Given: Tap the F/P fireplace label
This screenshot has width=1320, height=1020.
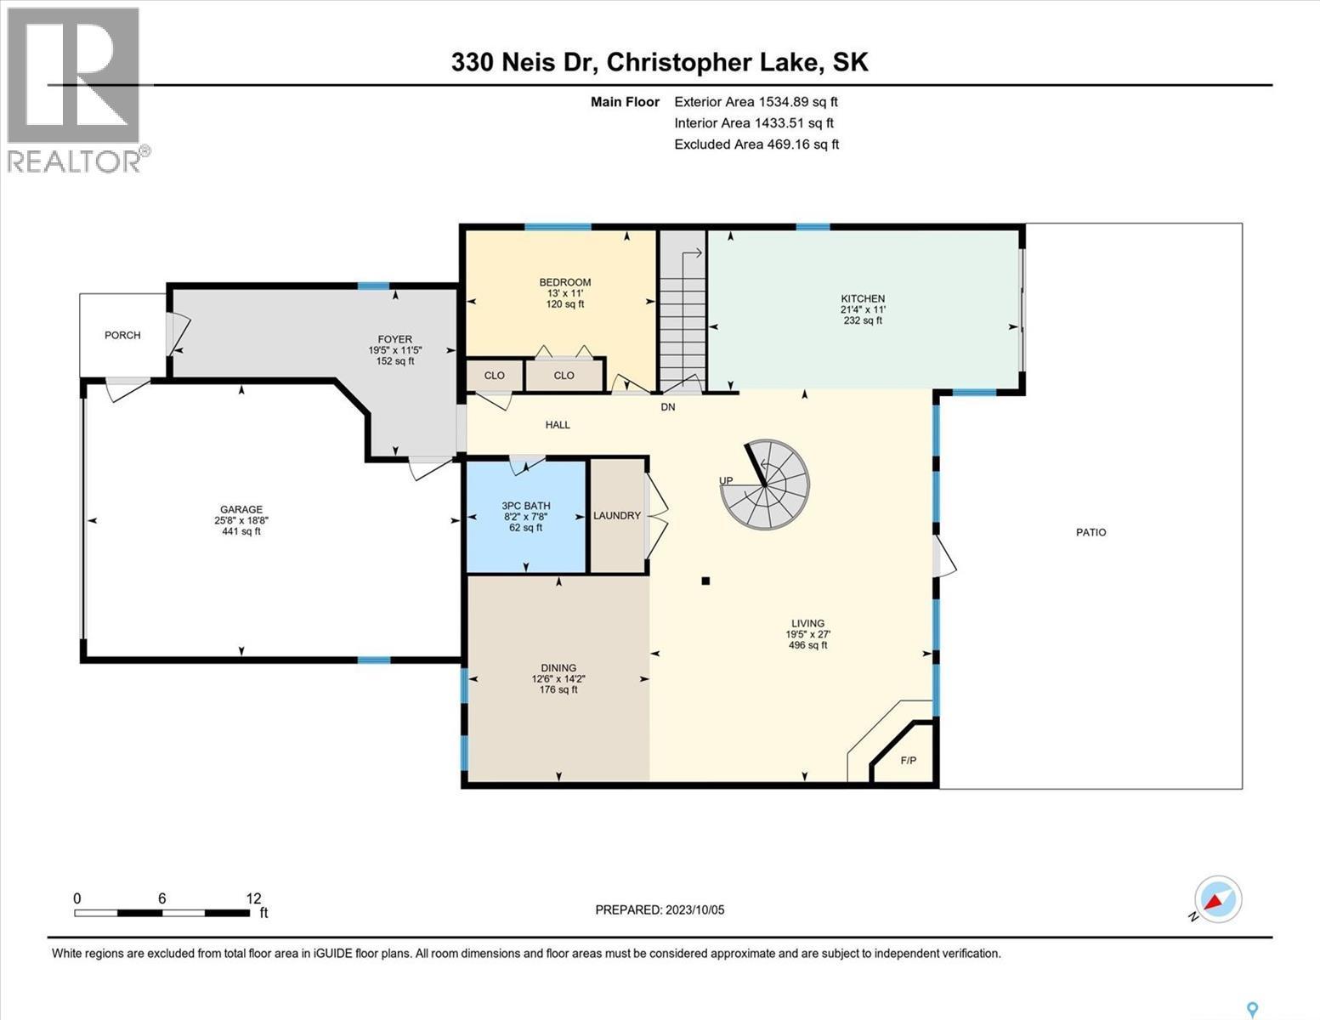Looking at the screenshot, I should coord(908,760).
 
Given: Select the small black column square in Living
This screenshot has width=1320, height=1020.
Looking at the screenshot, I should coord(705,581).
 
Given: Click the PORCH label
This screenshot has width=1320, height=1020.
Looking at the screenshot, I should coord(122,335).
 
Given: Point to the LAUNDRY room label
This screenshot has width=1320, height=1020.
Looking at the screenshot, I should coord(617,516).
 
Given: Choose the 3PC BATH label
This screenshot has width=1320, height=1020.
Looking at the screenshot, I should coord(525,506).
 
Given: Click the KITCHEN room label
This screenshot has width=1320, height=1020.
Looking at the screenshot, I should coord(863,298).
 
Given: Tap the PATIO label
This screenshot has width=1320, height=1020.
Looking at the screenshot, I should coord(1091,532).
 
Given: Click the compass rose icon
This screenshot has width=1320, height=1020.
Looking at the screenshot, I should coord(1217,899).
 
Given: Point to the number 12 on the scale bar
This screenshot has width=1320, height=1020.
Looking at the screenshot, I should coord(253,898).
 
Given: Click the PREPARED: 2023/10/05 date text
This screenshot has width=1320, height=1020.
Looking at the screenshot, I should coord(660,909).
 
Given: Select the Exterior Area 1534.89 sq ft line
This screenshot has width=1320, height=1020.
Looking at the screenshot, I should coord(756,101).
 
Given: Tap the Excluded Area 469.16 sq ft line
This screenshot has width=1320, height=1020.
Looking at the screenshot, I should coord(756,144).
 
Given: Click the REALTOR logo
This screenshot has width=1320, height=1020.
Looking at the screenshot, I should coord(75,89).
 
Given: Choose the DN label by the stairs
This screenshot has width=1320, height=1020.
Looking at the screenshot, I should coord(668,407).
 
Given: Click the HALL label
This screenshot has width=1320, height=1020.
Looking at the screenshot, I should coord(558,424).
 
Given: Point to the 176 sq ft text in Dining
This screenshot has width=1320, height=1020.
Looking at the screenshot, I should coord(558,689).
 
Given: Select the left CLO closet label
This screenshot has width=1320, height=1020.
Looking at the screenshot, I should coord(494,375).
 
